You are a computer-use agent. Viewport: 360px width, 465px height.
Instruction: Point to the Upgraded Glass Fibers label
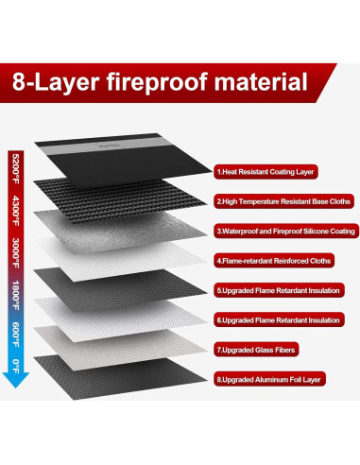click(251, 350)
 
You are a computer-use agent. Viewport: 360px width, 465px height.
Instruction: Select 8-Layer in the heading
click(57, 80)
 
